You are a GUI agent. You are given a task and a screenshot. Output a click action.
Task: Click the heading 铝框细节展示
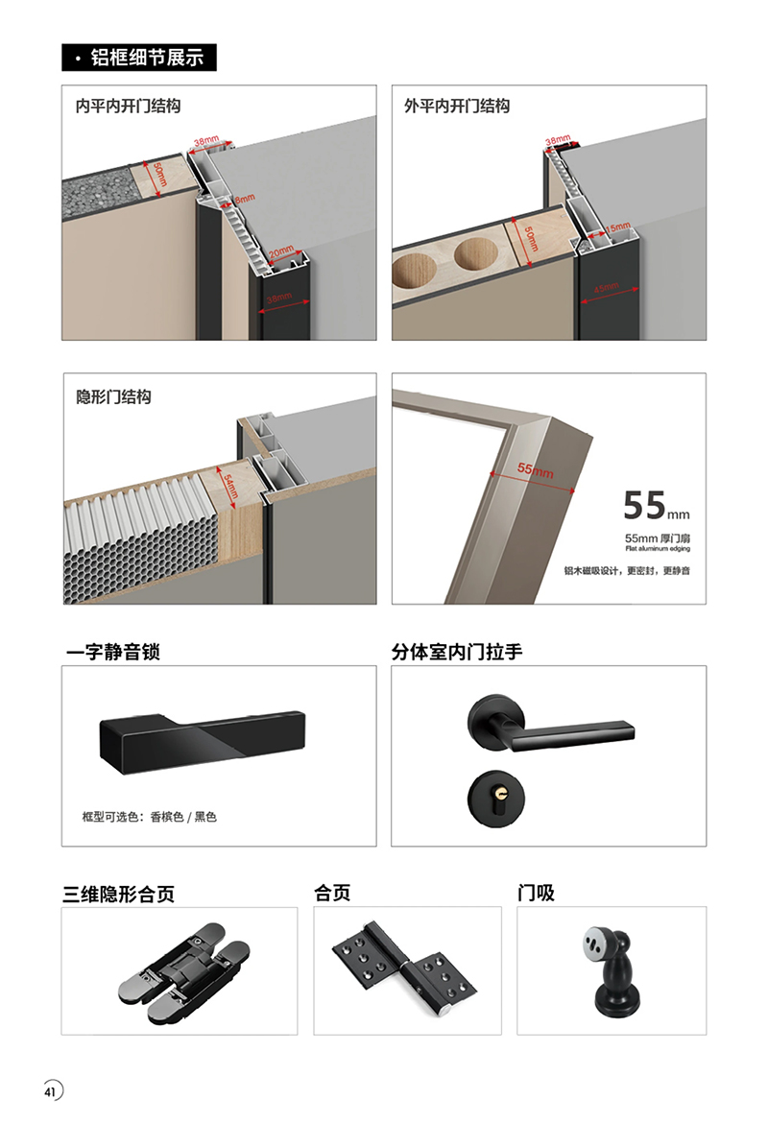coord(147,58)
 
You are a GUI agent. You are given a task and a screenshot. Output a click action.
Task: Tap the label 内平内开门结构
coord(129,106)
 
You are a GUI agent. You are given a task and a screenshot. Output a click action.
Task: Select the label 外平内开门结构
coord(457,106)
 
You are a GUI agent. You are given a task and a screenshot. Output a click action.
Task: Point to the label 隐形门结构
coord(114,396)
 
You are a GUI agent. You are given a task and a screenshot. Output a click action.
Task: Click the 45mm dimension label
coord(606,288)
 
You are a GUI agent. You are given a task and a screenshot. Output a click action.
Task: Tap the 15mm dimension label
coord(617,228)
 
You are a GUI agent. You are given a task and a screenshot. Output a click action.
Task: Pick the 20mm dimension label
coord(281,252)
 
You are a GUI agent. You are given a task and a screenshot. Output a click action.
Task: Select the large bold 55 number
coord(645,506)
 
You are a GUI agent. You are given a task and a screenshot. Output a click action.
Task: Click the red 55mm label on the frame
coord(535,469)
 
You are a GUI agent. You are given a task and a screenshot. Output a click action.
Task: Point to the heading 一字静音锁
coord(113,652)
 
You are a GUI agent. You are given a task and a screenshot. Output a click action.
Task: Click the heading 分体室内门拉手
coord(457,652)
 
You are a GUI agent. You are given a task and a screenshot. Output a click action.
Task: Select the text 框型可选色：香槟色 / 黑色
coord(149,817)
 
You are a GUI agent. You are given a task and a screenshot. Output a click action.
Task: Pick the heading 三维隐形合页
coord(119,894)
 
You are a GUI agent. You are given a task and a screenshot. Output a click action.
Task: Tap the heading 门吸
coord(536,893)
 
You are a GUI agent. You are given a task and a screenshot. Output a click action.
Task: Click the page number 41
coord(49,1091)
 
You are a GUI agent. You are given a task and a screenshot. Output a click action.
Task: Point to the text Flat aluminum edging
coord(658,549)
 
